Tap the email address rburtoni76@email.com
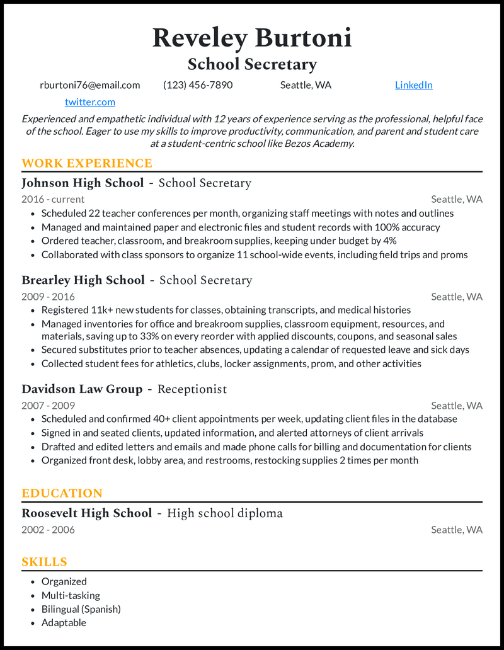pos(89,85)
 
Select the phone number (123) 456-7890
pos(198,85)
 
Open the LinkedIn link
pos(413,85)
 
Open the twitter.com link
pos(89,102)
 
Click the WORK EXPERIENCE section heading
pos(87,164)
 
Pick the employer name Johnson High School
pos(83,183)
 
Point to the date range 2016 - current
pos(53,200)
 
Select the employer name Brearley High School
pos(83,280)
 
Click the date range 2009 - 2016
pos(48,297)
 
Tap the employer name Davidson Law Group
pos(82,389)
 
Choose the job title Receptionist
pos(192,389)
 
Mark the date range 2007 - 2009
pos(48,406)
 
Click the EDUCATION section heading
pos(62,493)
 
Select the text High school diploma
pos(225,513)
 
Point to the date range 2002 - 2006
pos(48,530)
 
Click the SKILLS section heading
pos(44,562)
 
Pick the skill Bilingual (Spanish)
pos(81,609)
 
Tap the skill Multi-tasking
pos(71,595)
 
